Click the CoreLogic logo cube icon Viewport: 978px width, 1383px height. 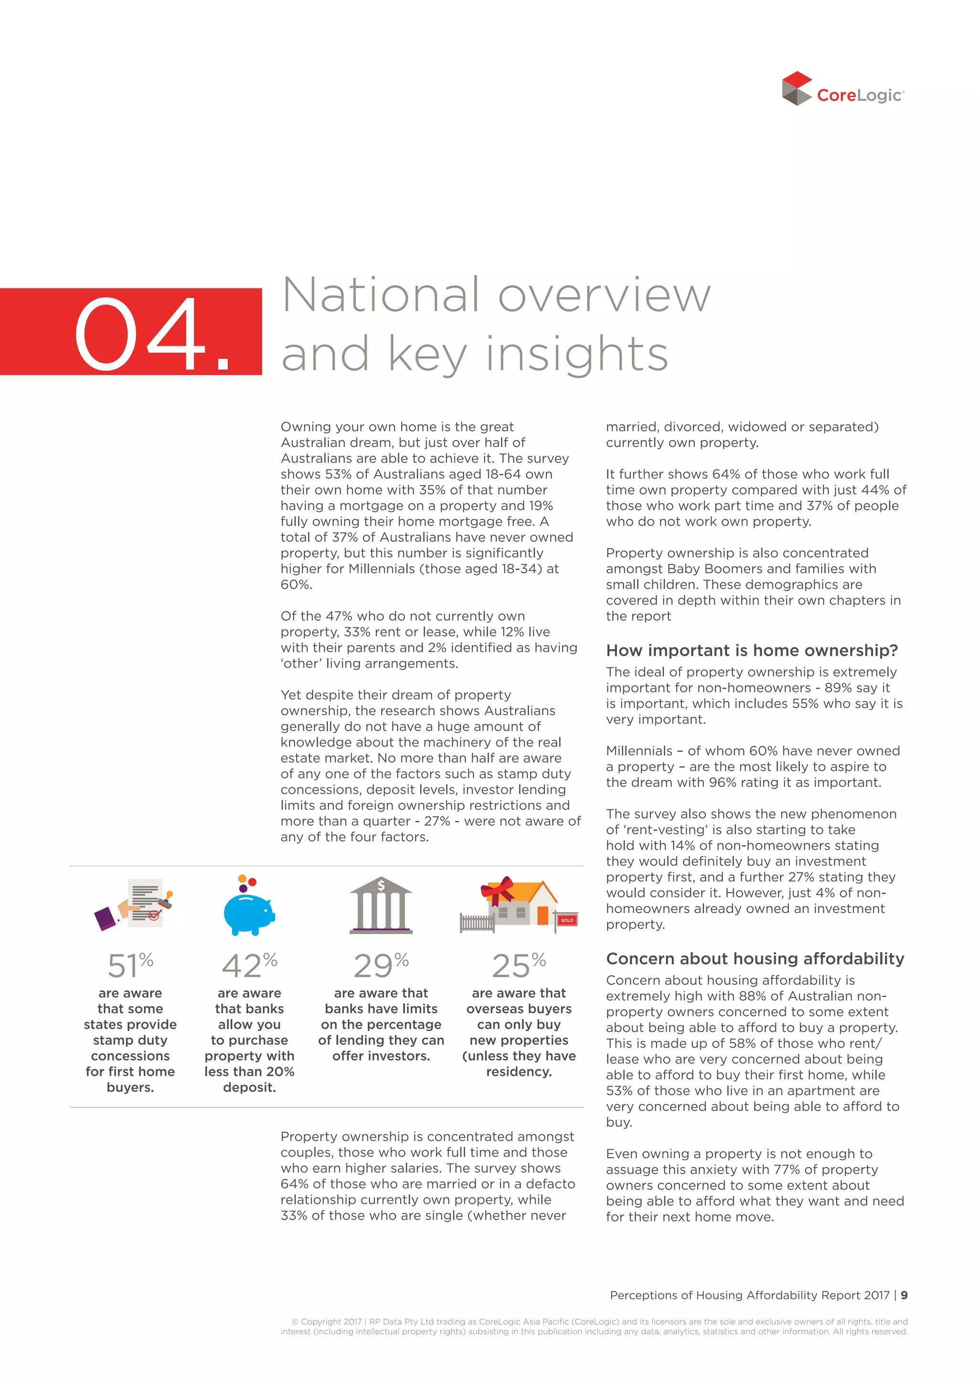tap(797, 88)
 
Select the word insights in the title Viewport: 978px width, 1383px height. tap(577, 354)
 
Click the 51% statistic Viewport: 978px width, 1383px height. tap(130, 966)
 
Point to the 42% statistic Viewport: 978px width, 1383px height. tap(249, 966)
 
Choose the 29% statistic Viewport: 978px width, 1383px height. tap(381, 966)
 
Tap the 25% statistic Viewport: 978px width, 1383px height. tap(519, 966)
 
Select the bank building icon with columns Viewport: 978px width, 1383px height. tap(381, 906)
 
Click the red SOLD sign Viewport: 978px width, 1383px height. tap(567, 920)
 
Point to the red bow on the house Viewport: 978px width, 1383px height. tap(497, 890)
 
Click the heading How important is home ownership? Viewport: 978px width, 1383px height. tap(752, 650)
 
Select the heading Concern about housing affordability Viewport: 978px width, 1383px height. tap(755, 959)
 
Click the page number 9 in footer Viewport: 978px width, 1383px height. tap(904, 1295)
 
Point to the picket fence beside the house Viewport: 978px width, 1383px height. tap(477, 923)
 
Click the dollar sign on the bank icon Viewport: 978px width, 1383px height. tap(381, 885)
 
